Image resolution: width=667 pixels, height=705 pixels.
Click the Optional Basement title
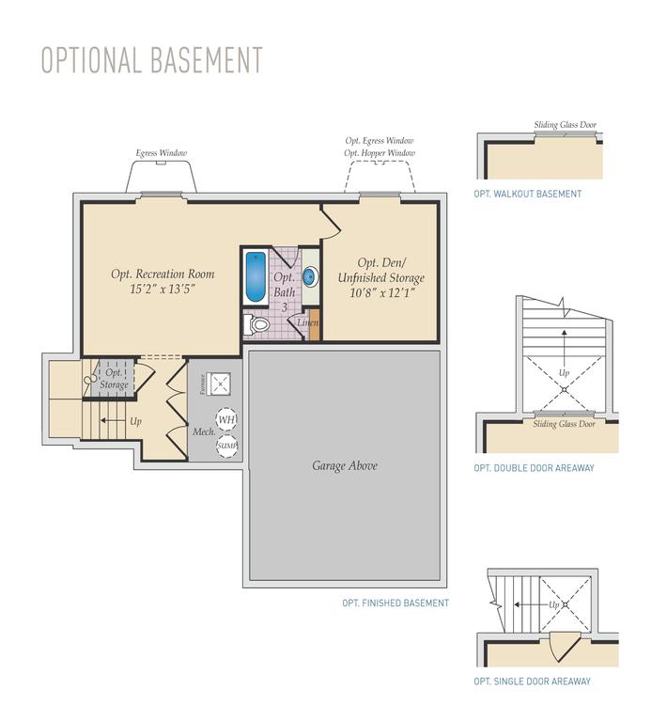(151, 58)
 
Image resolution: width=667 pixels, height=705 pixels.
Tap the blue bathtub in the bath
(256, 277)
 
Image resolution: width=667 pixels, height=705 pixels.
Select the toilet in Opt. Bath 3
(257, 325)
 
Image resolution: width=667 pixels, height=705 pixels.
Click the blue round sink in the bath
(310, 277)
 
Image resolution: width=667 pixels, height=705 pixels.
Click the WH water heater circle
(226, 420)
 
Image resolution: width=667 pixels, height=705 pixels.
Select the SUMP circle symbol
(226, 446)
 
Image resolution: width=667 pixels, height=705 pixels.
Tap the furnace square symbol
(222, 383)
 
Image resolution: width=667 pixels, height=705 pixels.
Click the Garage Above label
(345, 465)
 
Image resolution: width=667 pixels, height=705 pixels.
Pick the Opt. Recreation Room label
(163, 274)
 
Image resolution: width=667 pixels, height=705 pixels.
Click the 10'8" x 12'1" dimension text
(380, 293)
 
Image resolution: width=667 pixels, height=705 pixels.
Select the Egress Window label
(162, 153)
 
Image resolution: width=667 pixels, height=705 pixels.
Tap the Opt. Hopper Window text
(380, 152)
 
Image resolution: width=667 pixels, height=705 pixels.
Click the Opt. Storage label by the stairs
(114, 379)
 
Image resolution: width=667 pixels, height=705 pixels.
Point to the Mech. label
(205, 432)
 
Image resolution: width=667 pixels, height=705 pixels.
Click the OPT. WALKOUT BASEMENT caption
(528, 195)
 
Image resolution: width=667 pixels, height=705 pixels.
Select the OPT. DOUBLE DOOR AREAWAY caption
(534, 468)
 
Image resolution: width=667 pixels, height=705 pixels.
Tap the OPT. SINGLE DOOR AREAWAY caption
(533, 681)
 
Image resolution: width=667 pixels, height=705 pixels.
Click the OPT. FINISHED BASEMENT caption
(396, 603)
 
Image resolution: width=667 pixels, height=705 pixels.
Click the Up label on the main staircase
(136, 421)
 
